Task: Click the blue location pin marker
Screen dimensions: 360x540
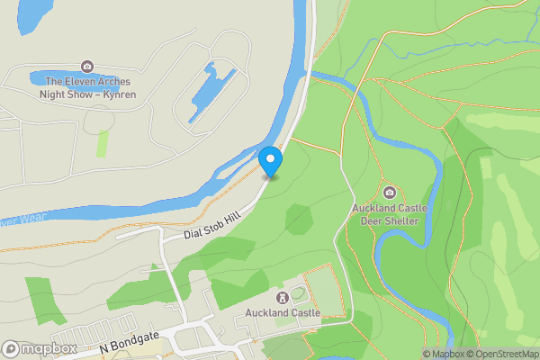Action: (x=270, y=160)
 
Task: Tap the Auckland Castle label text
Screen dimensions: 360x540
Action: (x=283, y=313)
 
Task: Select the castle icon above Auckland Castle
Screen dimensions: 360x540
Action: (x=283, y=297)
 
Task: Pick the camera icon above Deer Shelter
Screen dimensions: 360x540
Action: (x=390, y=193)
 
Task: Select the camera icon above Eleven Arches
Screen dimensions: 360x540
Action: (x=86, y=66)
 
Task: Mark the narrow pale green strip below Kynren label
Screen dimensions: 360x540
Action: (x=103, y=144)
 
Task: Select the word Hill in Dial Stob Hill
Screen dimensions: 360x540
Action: (x=233, y=220)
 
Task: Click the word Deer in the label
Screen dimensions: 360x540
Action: (x=372, y=220)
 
